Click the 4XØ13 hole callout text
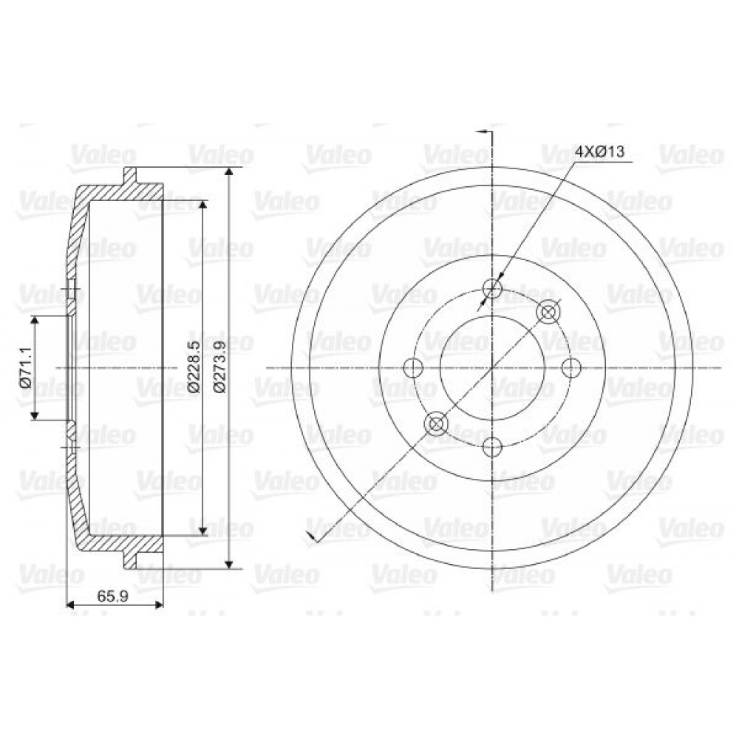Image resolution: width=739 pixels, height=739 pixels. (x=600, y=151)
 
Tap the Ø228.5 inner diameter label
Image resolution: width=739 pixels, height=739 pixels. (x=194, y=367)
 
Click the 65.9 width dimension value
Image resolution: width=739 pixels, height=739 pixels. (x=113, y=596)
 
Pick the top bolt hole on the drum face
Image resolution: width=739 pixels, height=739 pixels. (x=492, y=288)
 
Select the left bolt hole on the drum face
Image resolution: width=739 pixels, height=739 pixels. (x=414, y=367)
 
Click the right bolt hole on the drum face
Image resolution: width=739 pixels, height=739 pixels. (x=572, y=367)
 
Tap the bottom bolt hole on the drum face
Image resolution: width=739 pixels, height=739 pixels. (x=492, y=446)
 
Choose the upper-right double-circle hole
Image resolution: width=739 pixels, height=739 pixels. (x=548, y=312)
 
